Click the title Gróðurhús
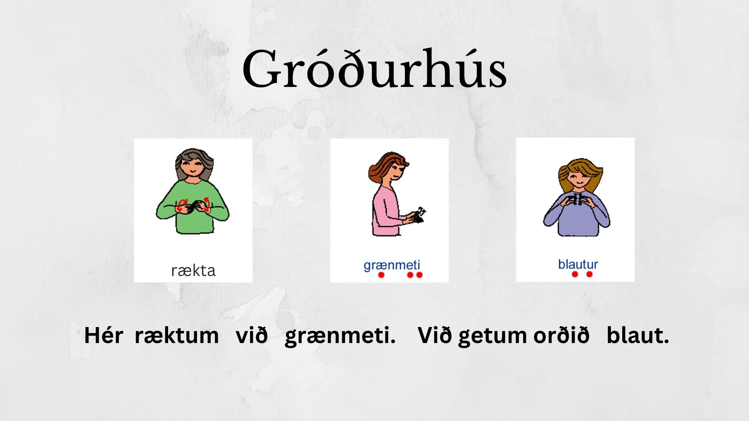(x=374, y=69)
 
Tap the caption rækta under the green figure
(x=193, y=271)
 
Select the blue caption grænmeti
(x=392, y=265)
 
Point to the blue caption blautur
(x=578, y=264)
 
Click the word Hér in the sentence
(x=104, y=335)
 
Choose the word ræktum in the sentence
(x=177, y=336)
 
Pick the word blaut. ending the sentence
(x=638, y=335)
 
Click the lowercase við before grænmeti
(x=252, y=335)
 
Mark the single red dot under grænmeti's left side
(x=381, y=275)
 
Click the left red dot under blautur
(x=575, y=274)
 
